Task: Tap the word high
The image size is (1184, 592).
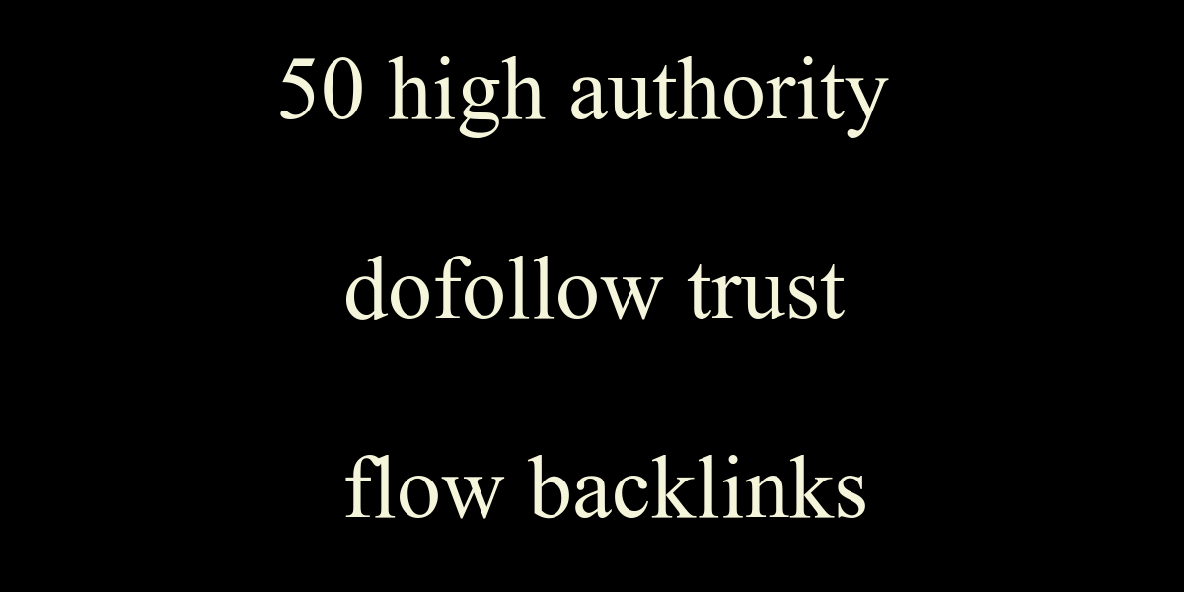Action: (466, 95)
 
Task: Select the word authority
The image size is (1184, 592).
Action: (729, 95)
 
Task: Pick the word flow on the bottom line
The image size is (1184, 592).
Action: (424, 487)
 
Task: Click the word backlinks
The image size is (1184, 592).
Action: (698, 487)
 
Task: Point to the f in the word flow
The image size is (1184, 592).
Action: (364, 486)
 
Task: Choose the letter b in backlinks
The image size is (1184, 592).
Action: (552, 487)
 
